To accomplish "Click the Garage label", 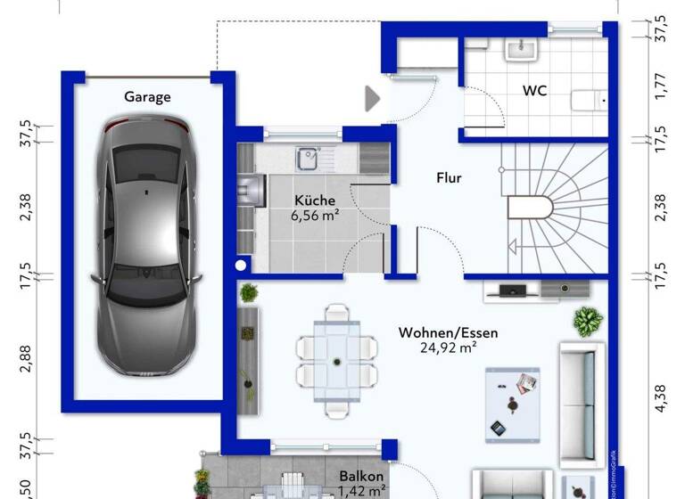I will [147, 97].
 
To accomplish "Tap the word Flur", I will [449, 178].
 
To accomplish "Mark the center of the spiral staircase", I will [535, 209].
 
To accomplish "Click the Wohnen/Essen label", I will [448, 333].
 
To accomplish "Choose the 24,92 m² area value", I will [448, 348].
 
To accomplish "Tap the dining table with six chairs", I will [336, 361].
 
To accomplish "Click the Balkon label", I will [361, 477].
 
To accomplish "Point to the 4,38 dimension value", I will [660, 397].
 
